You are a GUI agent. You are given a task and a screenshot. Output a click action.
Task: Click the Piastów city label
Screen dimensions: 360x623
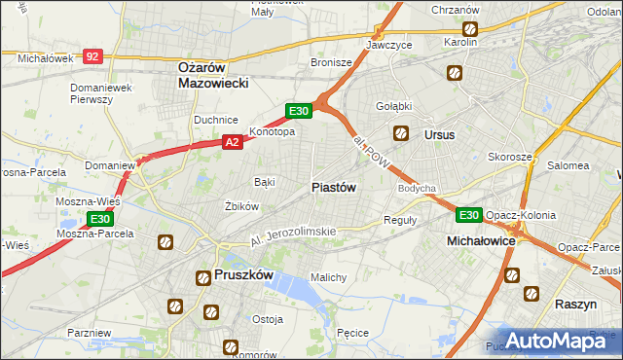333,187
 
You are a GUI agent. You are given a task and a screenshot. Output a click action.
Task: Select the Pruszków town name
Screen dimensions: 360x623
241,276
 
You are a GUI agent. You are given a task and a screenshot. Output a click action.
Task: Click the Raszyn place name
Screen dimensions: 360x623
575,305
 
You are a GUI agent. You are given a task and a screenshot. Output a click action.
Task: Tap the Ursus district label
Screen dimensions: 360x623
439,135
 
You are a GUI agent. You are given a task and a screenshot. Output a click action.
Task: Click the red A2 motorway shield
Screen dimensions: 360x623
232,142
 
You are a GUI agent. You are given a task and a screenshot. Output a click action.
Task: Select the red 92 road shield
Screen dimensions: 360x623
92,57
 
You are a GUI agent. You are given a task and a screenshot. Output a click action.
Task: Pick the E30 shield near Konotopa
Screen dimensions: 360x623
299,111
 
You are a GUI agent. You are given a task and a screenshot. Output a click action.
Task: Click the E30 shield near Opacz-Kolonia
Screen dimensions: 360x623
469,215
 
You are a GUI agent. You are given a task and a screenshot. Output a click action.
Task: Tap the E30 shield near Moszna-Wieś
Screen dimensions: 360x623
99,220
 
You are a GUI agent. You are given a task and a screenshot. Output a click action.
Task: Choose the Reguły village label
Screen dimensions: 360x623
400,220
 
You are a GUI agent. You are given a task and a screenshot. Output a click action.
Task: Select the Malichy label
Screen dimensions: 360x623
328,277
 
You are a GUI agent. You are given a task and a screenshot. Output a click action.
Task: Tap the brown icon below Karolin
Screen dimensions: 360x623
454,73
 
